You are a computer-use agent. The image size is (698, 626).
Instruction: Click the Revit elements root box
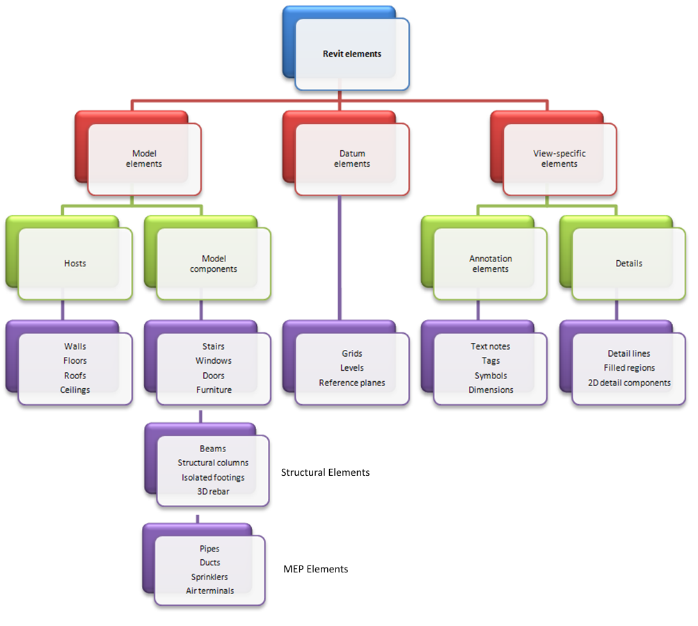click(351, 54)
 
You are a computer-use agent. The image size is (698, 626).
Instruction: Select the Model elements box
click(144, 159)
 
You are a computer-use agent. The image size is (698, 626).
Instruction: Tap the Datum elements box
click(351, 159)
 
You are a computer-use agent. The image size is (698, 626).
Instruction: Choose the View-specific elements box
click(559, 159)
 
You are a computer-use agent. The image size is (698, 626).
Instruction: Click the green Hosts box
click(74, 264)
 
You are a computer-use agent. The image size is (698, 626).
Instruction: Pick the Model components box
click(214, 264)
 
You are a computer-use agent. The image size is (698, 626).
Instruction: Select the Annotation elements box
click(490, 264)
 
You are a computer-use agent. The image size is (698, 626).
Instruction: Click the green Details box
click(628, 264)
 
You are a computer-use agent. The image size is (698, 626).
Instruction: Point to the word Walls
click(75, 346)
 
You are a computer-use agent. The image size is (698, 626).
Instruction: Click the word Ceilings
click(75, 390)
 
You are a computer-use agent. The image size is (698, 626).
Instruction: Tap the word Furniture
click(214, 390)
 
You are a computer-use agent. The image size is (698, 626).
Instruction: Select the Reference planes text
click(351, 383)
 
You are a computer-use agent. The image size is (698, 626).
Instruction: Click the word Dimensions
click(491, 390)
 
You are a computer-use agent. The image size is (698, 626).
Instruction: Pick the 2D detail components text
click(629, 383)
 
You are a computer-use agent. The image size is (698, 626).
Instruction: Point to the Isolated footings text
click(213, 477)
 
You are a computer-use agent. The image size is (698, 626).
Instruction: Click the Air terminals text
click(209, 591)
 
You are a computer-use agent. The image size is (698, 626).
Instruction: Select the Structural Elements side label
click(325, 472)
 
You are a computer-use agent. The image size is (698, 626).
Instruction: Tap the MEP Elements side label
click(315, 569)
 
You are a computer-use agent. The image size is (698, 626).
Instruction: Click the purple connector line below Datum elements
click(340, 257)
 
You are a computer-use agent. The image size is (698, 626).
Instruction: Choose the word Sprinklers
click(209, 577)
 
